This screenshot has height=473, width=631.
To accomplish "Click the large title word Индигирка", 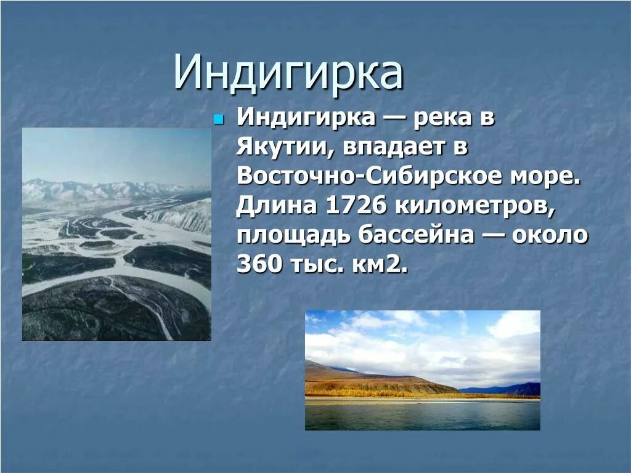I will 288,73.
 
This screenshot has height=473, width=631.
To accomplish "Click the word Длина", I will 272,206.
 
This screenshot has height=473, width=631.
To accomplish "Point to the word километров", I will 476,206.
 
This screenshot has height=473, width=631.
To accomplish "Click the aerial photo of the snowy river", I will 116,234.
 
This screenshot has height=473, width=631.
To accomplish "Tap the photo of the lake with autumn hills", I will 422,370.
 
